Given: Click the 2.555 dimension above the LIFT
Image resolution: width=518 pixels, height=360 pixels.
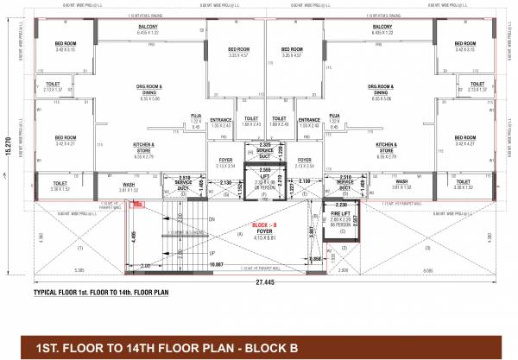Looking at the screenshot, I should [x=263, y=170].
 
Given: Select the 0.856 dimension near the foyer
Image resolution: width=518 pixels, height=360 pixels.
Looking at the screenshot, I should [x=315, y=259].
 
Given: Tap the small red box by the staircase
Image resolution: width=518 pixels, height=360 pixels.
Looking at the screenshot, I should [x=134, y=205].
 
